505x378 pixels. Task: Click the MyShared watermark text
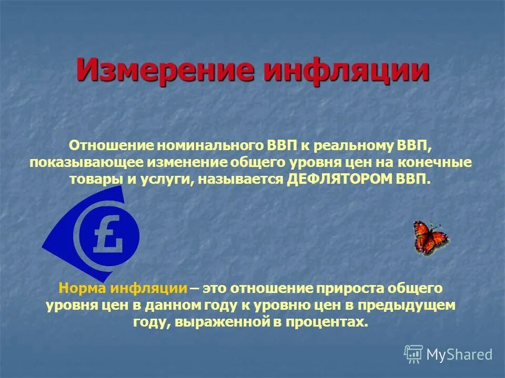coord(459,354)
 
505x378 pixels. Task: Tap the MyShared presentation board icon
coord(413,354)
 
